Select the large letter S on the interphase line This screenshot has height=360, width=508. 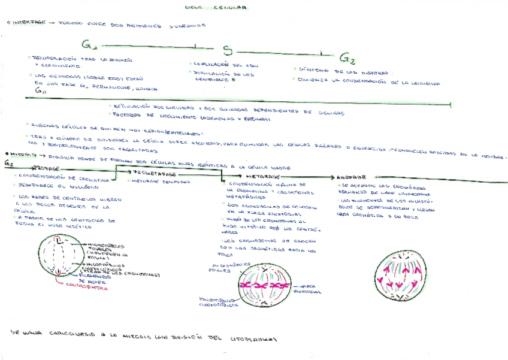click(x=227, y=50)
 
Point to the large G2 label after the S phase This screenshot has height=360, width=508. click(x=347, y=58)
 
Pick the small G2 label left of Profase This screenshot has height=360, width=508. click(x=8, y=162)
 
